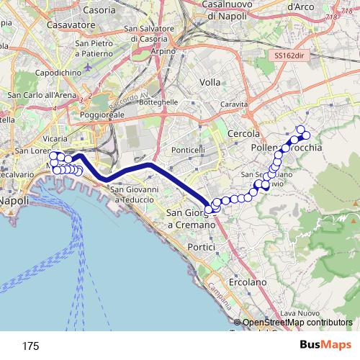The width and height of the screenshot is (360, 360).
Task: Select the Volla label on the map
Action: [210, 82]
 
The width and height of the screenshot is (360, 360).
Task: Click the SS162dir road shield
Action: [291, 55]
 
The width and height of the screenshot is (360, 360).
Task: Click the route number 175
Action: [30, 346]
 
